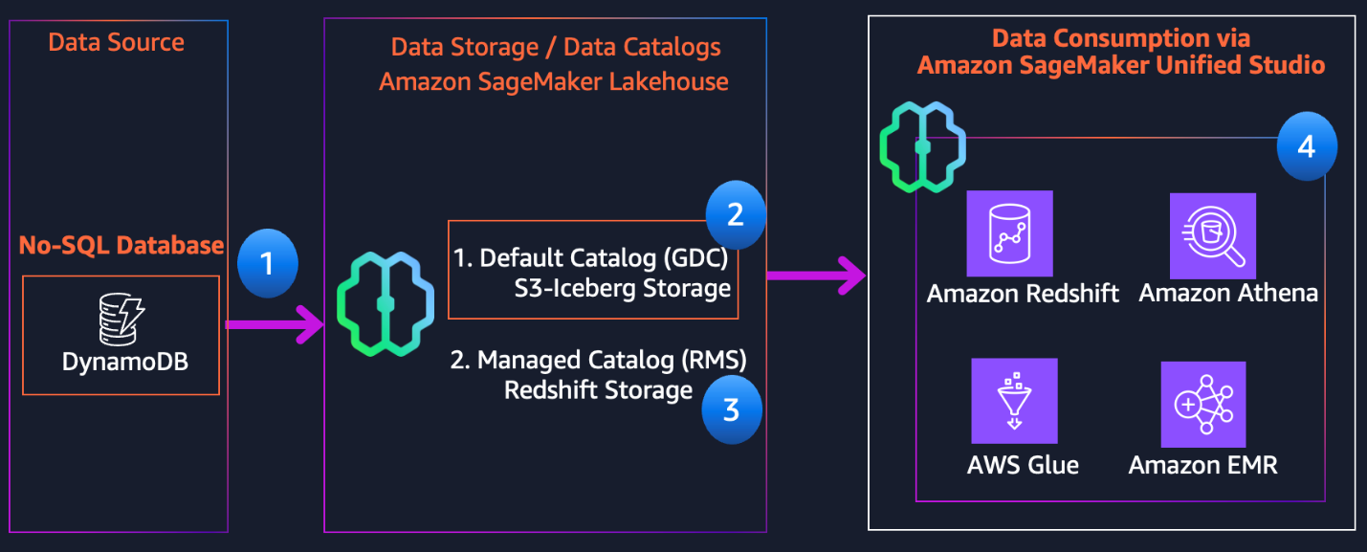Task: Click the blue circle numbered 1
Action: (x=267, y=261)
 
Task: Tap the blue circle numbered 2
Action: (x=736, y=213)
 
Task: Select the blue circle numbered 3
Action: (x=732, y=409)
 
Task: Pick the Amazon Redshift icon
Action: (x=1009, y=233)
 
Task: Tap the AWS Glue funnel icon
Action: (x=1013, y=402)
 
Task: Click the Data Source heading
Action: (x=116, y=42)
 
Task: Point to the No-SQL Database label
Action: (x=121, y=245)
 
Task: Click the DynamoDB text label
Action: (x=121, y=363)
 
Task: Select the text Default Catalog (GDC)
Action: (x=592, y=258)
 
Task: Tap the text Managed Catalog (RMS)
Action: (x=598, y=361)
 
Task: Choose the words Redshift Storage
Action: (x=598, y=390)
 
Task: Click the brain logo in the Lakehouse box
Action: (x=386, y=303)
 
